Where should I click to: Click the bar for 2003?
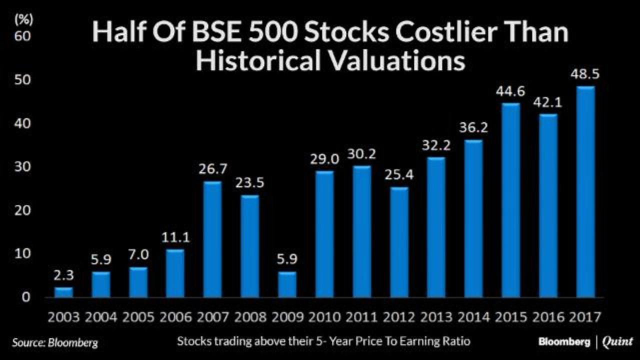click(63, 292)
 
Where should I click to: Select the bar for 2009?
click(287, 284)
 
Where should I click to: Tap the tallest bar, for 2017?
click(585, 192)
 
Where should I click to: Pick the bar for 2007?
click(212, 239)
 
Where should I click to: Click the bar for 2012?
click(399, 242)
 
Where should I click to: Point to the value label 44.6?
click(510, 91)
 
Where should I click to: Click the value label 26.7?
click(212, 169)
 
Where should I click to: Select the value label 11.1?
click(175, 237)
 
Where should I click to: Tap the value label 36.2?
click(473, 127)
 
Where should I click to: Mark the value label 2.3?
click(63, 275)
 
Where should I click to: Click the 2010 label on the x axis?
click(324, 317)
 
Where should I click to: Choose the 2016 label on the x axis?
click(548, 317)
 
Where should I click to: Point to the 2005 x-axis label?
click(138, 317)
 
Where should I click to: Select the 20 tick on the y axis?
click(22, 210)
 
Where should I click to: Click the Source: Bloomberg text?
click(55, 342)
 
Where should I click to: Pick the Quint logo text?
click(617, 342)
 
